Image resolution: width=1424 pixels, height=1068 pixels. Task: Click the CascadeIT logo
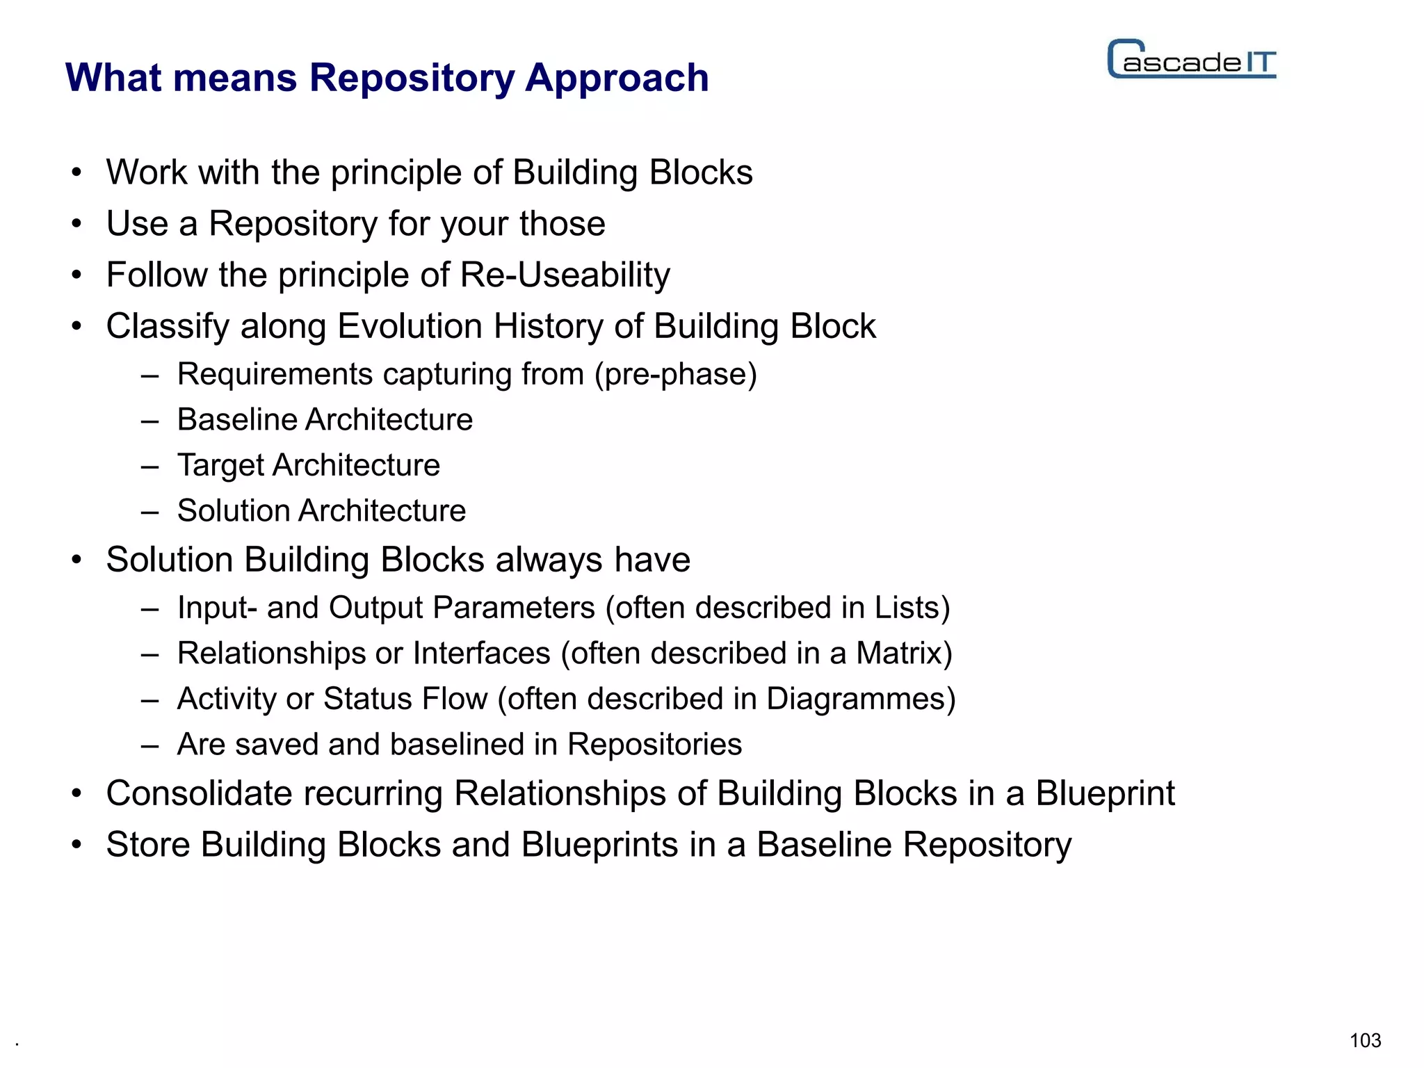1192,60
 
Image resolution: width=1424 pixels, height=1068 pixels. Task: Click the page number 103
1365,1040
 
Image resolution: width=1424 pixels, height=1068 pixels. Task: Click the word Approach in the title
617,78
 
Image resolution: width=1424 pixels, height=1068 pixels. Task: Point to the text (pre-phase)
675,375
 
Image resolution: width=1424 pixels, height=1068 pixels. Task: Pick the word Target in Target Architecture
220,465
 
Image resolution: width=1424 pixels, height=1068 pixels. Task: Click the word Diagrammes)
861,699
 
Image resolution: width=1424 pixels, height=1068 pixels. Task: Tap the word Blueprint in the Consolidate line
1105,793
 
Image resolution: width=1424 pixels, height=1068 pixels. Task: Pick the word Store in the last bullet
148,845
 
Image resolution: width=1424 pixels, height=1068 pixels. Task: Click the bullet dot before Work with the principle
76,173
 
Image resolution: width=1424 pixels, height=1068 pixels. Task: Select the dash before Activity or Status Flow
149,699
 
